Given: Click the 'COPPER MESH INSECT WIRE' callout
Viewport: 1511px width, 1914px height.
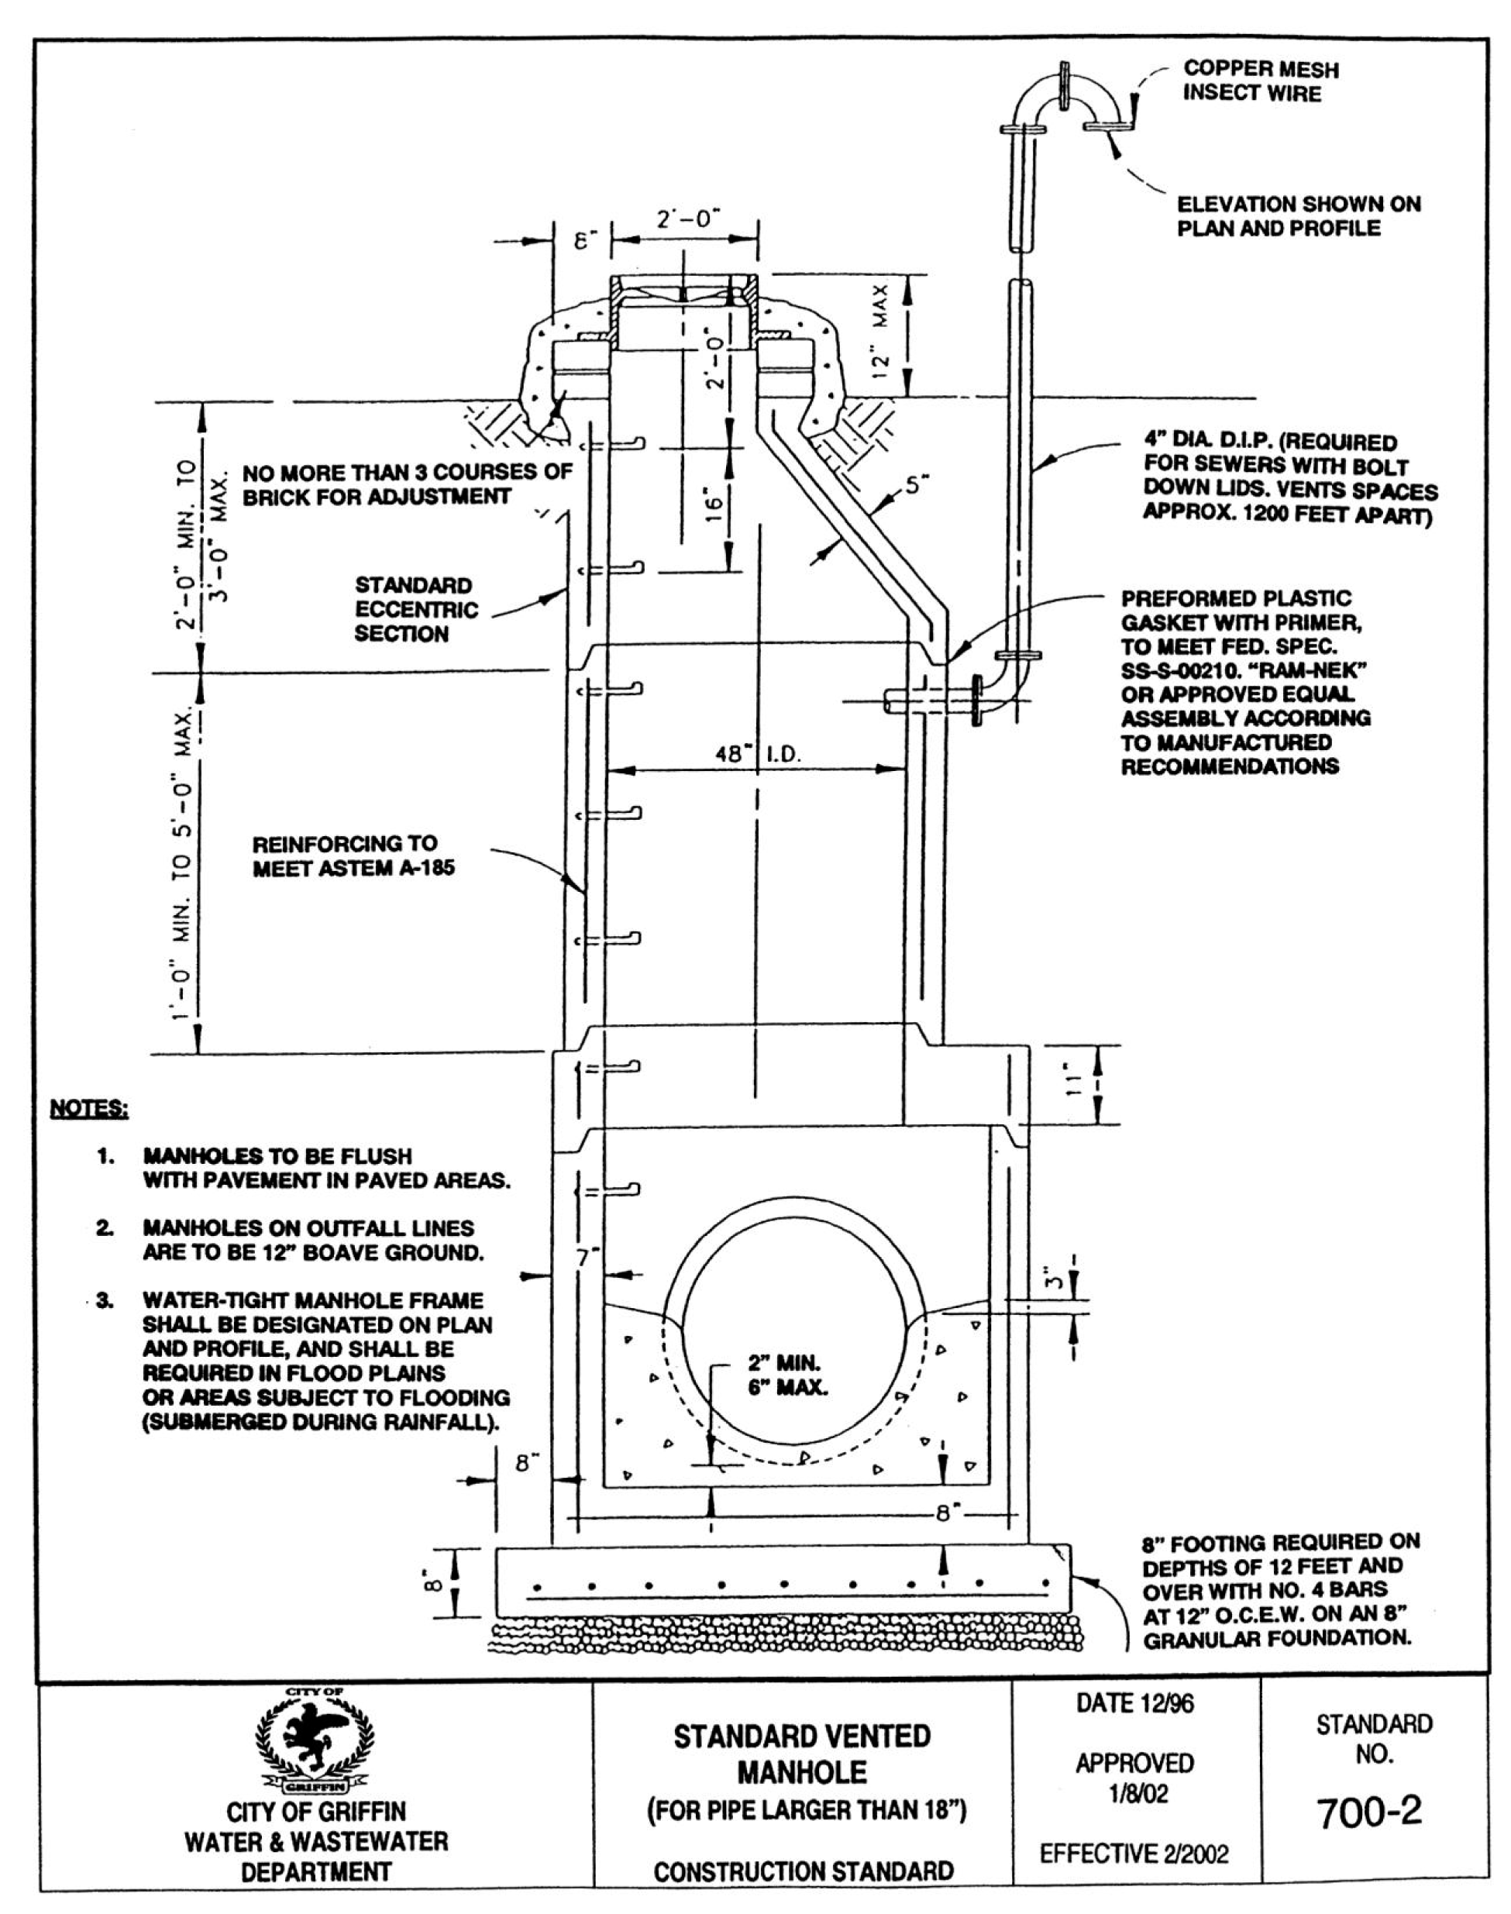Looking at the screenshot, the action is [1261, 81].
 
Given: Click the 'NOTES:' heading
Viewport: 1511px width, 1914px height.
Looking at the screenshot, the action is [88, 1108].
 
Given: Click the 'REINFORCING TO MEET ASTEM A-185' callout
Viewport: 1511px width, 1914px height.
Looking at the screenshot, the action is [354, 856].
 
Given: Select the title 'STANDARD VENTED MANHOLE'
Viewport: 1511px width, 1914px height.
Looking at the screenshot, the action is [803, 1755].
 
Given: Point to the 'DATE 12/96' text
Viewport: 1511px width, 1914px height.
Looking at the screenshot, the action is [1134, 1702].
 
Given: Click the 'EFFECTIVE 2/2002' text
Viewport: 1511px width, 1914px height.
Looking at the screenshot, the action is [1134, 1853].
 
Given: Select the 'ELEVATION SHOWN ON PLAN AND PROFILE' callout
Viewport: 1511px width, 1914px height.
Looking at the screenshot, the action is [1299, 217].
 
